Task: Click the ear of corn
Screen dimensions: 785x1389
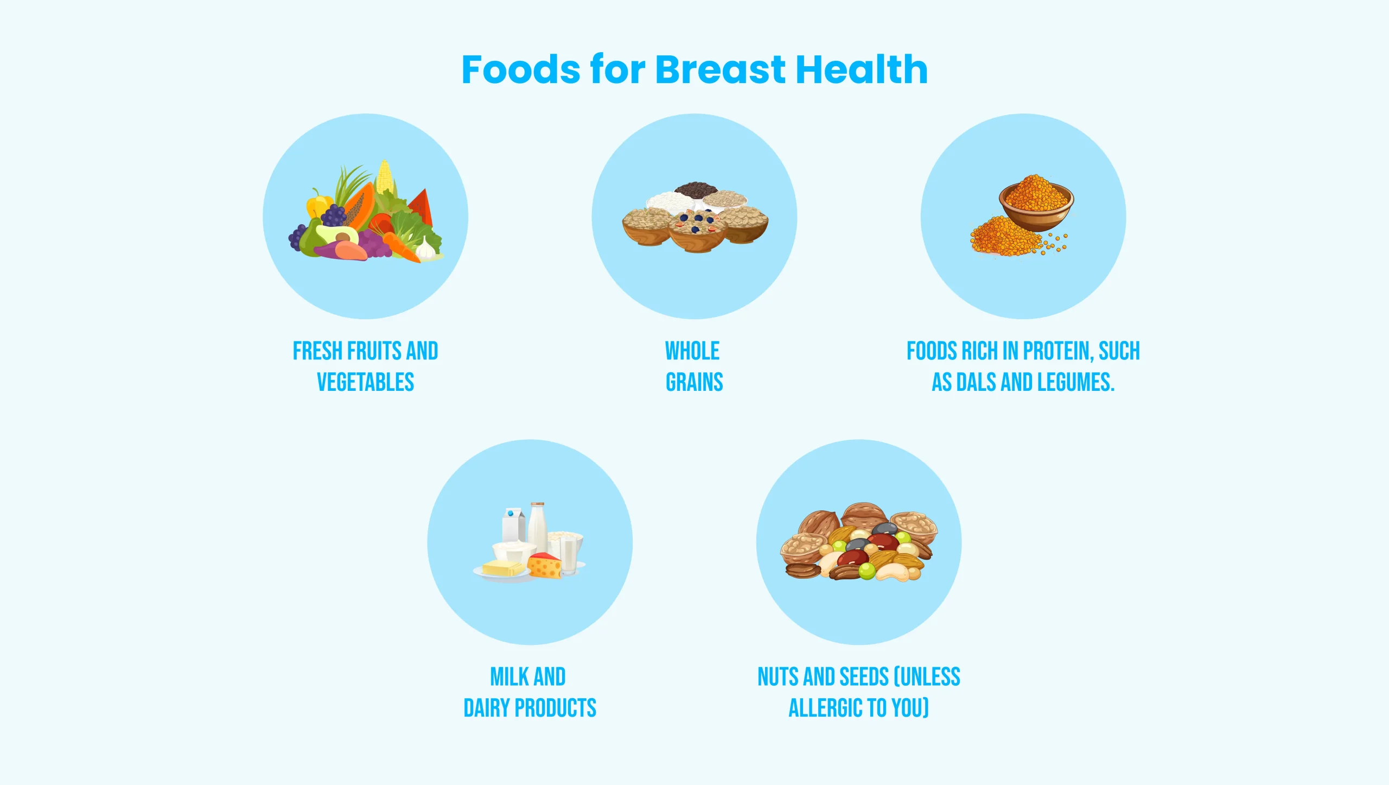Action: pyautogui.click(x=385, y=176)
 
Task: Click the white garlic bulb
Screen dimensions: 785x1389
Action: pyautogui.click(x=425, y=249)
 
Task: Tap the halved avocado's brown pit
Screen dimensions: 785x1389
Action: pyautogui.click(x=342, y=237)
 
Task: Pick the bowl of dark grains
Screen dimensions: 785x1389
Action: pyautogui.click(x=695, y=189)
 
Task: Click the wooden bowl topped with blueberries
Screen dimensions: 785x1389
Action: pyautogui.click(x=697, y=231)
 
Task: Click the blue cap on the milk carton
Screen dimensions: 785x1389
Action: pyautogui.click(x=510, y=512)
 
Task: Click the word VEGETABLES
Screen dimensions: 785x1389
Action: pyautogui.click(x=365, y=382)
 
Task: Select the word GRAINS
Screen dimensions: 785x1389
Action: pyautogui.click(x=694, y=382)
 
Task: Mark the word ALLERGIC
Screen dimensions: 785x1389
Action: pyautogui.click(x=825, y=708)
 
